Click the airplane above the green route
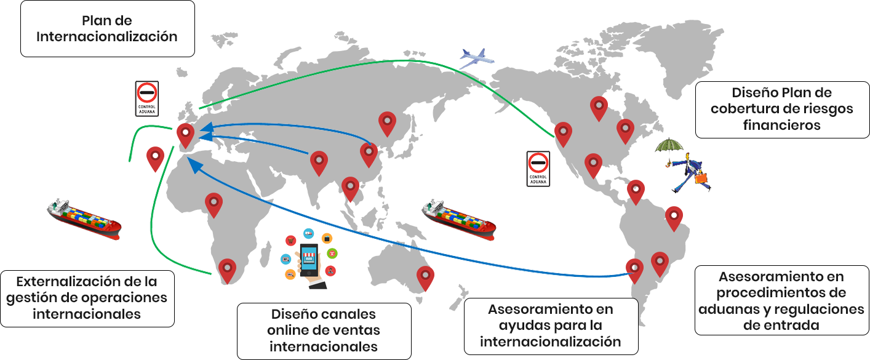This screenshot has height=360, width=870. click(477, 58)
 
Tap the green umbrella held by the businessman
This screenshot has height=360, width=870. click(669, 146)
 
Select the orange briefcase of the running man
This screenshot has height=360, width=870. click(701, 178)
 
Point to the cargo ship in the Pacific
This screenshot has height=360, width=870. click(459, 219)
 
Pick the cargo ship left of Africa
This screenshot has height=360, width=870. click(84, 218)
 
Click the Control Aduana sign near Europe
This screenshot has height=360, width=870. click(147, 98)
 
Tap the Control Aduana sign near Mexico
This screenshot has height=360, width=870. click(538, 169)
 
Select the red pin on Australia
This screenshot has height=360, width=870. click(425, 278)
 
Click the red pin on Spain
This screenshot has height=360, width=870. click(186, 136)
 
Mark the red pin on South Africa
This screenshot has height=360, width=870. click(227, 271)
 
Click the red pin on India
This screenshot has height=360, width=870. click(319, 164)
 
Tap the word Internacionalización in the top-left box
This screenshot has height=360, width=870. click(107, 36)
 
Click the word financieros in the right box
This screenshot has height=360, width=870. click(782, 125)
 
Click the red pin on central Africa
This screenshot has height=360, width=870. click(214, 206)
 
